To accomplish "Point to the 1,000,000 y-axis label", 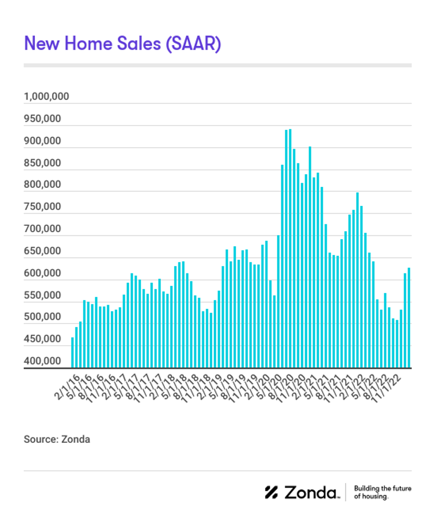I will [46, 97].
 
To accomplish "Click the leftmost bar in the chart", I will [73, 353].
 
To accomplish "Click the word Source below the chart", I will [39, 439].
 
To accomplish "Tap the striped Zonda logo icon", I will [271, 492].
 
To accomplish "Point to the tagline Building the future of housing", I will [382, 492].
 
